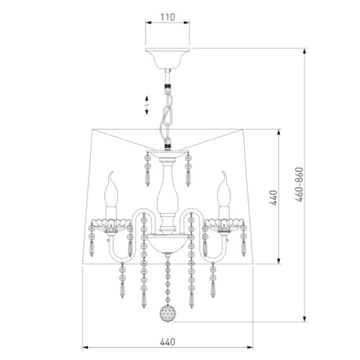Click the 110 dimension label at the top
(x=168, y=17)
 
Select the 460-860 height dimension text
(x=300, y=184)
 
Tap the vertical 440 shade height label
(x=273, y=198)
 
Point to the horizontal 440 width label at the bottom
(x=168, y=342)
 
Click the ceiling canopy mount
(x=168, y=58)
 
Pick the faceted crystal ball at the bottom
(x=168, y=313)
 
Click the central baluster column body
(x=168, y=192)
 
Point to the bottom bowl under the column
(x=168, y=243)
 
